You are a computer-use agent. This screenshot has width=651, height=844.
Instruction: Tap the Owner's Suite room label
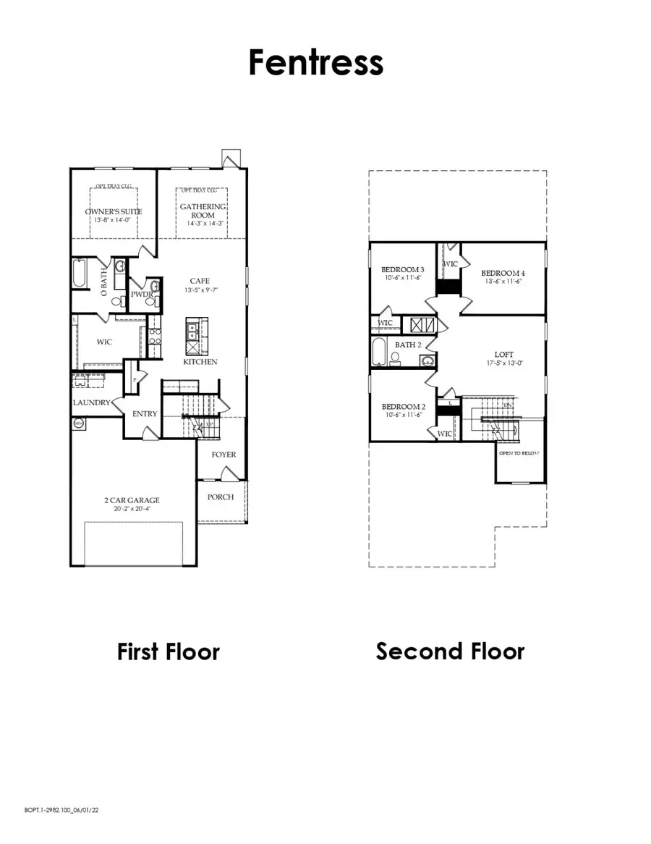[114, 211]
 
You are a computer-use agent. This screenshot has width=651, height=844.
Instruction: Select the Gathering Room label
[203, 211]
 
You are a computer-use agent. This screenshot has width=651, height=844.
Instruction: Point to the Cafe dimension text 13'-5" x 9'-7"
[200, 291]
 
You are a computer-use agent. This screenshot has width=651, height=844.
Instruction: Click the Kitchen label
[200, 361]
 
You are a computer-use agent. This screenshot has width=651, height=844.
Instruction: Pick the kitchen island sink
[193, 332]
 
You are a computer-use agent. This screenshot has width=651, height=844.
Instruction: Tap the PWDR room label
[140, 295]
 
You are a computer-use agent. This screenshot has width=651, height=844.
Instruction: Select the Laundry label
[91, 402]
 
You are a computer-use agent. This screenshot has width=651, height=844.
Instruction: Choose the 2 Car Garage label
[132, 499]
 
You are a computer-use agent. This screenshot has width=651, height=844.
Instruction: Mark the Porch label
[221, 497]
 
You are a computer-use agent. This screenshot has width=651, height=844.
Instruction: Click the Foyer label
[224, 455]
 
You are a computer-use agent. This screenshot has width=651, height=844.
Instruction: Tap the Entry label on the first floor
[145, 414]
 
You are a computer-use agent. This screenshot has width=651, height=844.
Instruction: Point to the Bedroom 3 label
[403, 269]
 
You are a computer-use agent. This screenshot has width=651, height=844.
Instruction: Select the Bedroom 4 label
[503, 273]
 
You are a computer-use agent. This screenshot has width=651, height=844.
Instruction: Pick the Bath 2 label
[408, 345]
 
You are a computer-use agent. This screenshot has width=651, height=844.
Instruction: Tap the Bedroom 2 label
[403, 407]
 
